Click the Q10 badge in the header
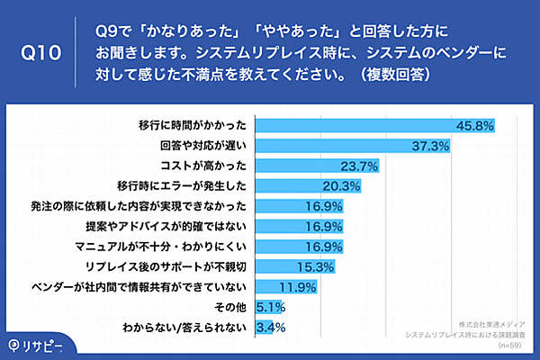tap(40, 53)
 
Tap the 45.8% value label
tap(476, 126)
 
